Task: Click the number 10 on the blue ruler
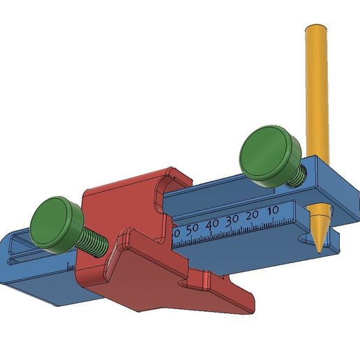[273, 209]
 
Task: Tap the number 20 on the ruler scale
[252, 214]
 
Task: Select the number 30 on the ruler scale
[232, 218]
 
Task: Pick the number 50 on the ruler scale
[192, 227]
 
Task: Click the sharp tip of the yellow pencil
[317, 249]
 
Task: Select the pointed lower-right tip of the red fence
[248, 305]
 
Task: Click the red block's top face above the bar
[119, 188]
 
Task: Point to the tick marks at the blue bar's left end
[69, 266]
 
